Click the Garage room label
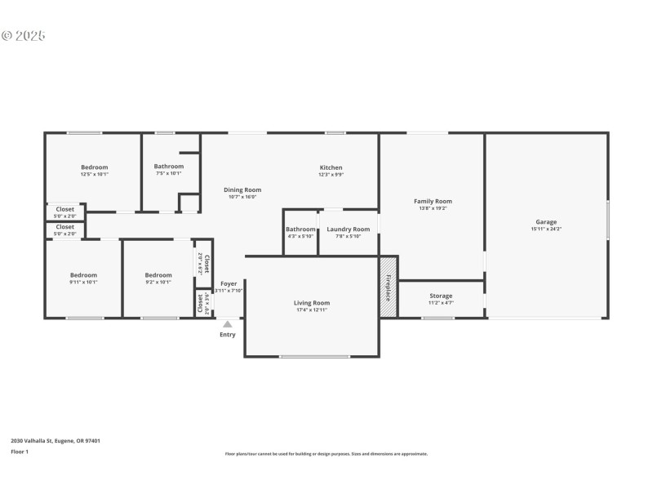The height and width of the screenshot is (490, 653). [546, 222]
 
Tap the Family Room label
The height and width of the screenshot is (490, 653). [433, 201]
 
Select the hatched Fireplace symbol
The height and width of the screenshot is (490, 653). [389, 287]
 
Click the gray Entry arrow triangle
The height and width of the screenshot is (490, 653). [228, 324]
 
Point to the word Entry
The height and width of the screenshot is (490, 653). [228, 334]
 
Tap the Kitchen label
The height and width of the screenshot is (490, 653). [331, 167]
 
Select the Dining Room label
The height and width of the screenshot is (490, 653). [242, 189]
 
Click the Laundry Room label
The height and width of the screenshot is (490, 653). [349, 229]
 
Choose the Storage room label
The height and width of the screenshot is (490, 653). [441, 296]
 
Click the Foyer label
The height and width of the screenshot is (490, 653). [229, 283]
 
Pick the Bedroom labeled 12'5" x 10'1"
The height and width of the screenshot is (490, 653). [94, 167]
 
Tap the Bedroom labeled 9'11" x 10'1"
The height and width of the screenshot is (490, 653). [83, 275]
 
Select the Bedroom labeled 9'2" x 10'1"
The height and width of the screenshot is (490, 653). [158, 275]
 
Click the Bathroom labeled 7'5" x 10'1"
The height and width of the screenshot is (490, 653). [169, 167]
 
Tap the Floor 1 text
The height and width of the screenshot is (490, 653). [20, 452]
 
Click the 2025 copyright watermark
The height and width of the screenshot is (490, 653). [24, 36]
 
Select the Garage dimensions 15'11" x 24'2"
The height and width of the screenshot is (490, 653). [546, 229]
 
